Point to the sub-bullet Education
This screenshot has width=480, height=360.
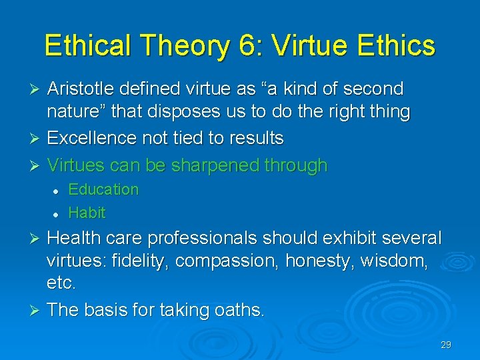(x=103, y=189)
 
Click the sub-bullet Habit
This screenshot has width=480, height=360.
(x=87, y=213)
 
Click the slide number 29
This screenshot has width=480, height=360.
(x=446, y=345)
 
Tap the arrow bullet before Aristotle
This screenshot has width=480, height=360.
(x=37, y=89)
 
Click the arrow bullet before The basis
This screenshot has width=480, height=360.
(x=37, y=310)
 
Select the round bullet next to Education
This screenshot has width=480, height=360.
(x=57, y=191)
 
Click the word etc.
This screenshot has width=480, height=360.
(x=61, y=284)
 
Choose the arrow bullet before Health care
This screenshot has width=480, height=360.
(x=37, y=239)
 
